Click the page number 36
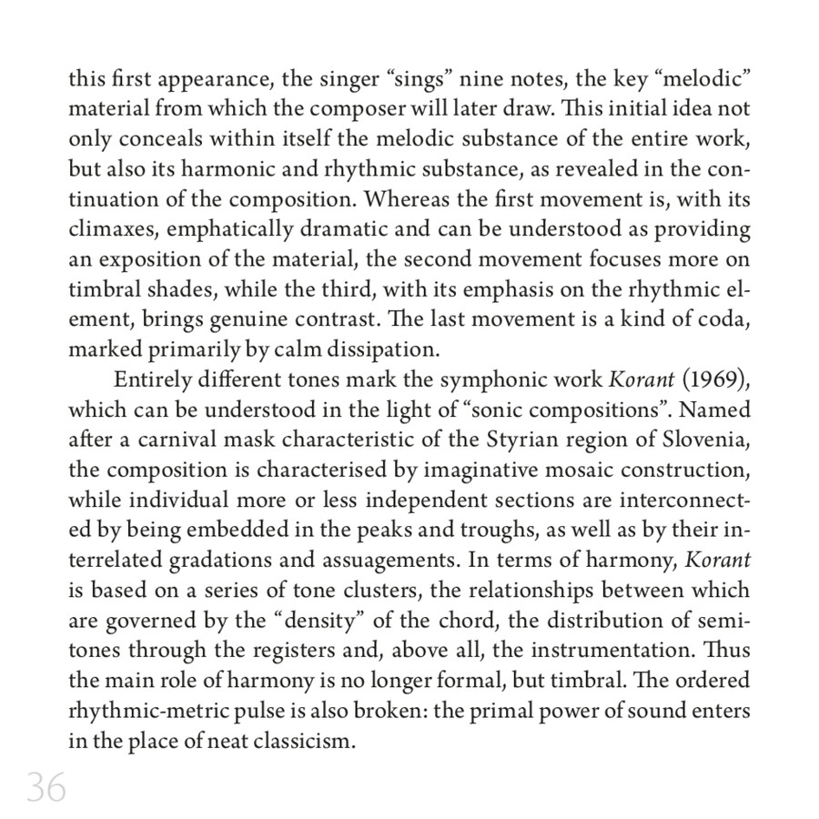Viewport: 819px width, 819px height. click(46, 786)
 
